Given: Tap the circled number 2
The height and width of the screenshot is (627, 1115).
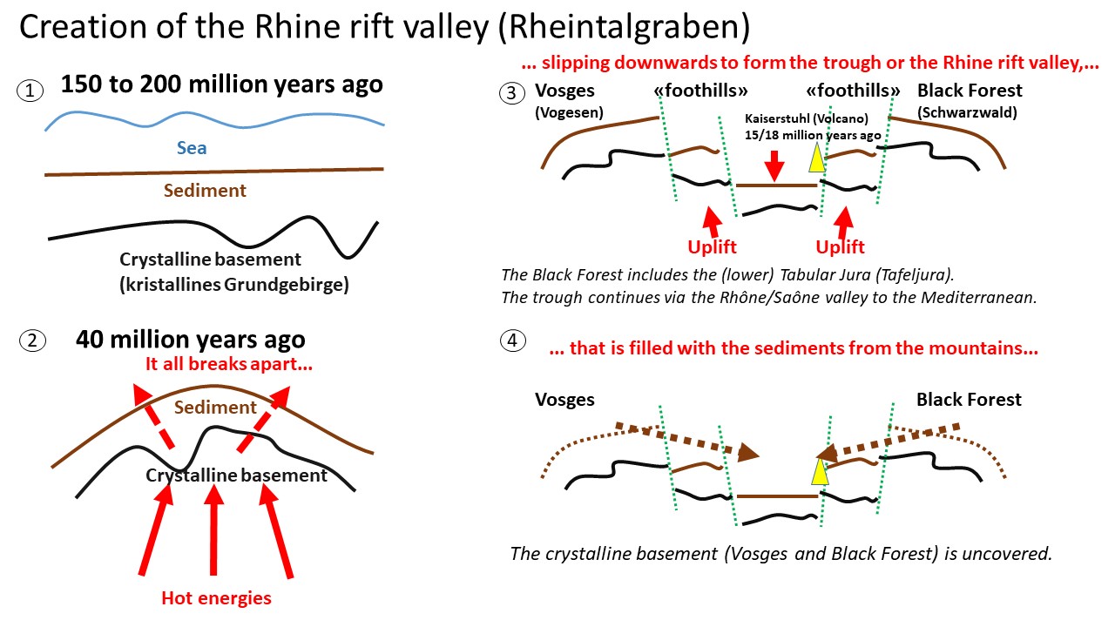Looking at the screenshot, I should [x=31, y=340].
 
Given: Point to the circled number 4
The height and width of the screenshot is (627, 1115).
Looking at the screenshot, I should [x=513, y=341].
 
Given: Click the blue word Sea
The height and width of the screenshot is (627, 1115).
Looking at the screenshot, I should [x=192, y=147].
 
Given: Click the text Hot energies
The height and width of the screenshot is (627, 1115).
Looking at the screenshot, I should [x=216, y=598].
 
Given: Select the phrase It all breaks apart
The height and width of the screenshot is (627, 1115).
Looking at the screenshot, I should [x=229, y=365].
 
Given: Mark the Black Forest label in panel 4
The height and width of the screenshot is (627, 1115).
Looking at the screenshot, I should [x=969, y=400].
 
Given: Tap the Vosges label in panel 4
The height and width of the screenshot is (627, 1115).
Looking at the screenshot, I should [x=564, y=400].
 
